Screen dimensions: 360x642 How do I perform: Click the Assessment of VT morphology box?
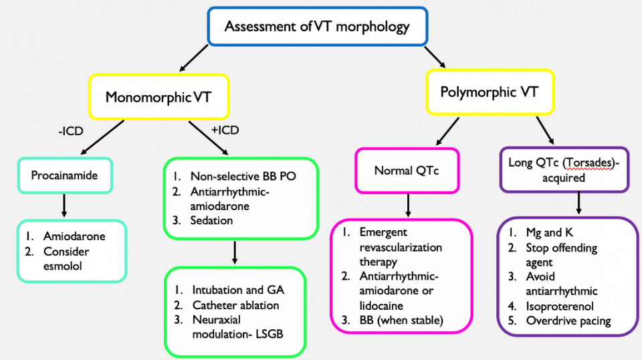[x=317, y=28]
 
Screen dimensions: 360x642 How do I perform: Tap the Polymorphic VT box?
[x=490, y=92]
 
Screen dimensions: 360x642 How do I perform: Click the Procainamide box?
[x=64, y=175]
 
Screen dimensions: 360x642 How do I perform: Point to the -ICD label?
[x=69, y=131]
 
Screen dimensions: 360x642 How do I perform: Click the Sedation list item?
[x=211, y=221]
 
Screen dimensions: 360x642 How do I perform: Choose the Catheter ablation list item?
[x=235, y=305]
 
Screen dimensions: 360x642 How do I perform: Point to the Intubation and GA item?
[x=237, y=290]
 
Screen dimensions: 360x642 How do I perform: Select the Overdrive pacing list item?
[x=568, y=321]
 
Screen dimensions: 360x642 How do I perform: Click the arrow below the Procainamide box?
[x=64, y=205]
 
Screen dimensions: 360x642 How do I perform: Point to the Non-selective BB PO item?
[x=243, y=177]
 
